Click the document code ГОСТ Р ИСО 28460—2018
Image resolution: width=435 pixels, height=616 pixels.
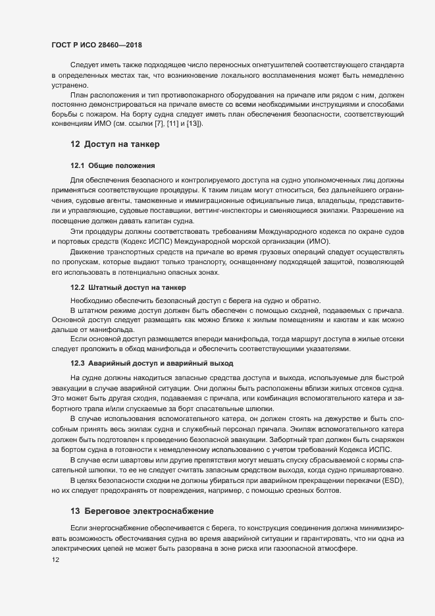tap(97, 45)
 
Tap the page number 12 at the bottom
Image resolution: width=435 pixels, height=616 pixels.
tap(55, 560)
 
